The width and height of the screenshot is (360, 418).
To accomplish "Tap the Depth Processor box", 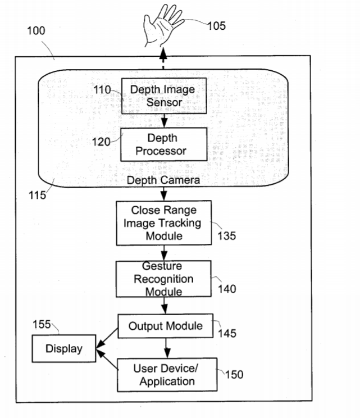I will pyautogui.click(x=163, y=144).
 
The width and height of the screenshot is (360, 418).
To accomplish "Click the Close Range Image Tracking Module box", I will pyautogui.click(x=164, y=223).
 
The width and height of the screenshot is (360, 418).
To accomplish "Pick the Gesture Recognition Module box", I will pyautogui.click(x=163, y=279).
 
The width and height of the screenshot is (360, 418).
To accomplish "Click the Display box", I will pyautogui.click(x=63, y=349).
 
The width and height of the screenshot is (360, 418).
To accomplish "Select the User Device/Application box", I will pyautogui.click(x=167, y=375).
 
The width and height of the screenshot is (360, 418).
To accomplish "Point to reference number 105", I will pyautogui.click(x=216, y=25).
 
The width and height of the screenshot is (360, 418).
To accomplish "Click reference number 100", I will pyautogui.click(x=36, y=30).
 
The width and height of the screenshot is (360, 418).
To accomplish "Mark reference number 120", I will pyautogui.click(x=102, y=141).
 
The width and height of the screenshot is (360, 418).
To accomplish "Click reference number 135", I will pyautogui.click(x=226, y=235).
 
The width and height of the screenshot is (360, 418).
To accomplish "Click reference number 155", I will pyautogui.click(x=41, y=324).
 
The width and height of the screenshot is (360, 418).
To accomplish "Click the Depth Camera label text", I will pyautogui.click(x=163, y=180).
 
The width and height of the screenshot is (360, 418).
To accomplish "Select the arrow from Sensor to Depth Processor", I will pyautogui.click(x=163, y=120).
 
